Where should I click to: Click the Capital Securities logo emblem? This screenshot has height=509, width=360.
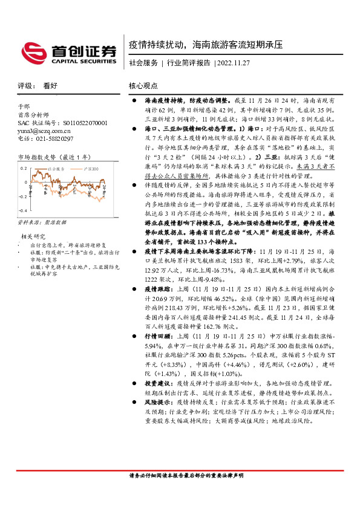tap(34, 52)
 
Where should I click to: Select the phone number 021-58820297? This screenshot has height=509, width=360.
tap(45, 138)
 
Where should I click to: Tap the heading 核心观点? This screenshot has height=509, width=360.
tap(143, 86)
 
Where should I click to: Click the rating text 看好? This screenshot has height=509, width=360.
tap(50, 86)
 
